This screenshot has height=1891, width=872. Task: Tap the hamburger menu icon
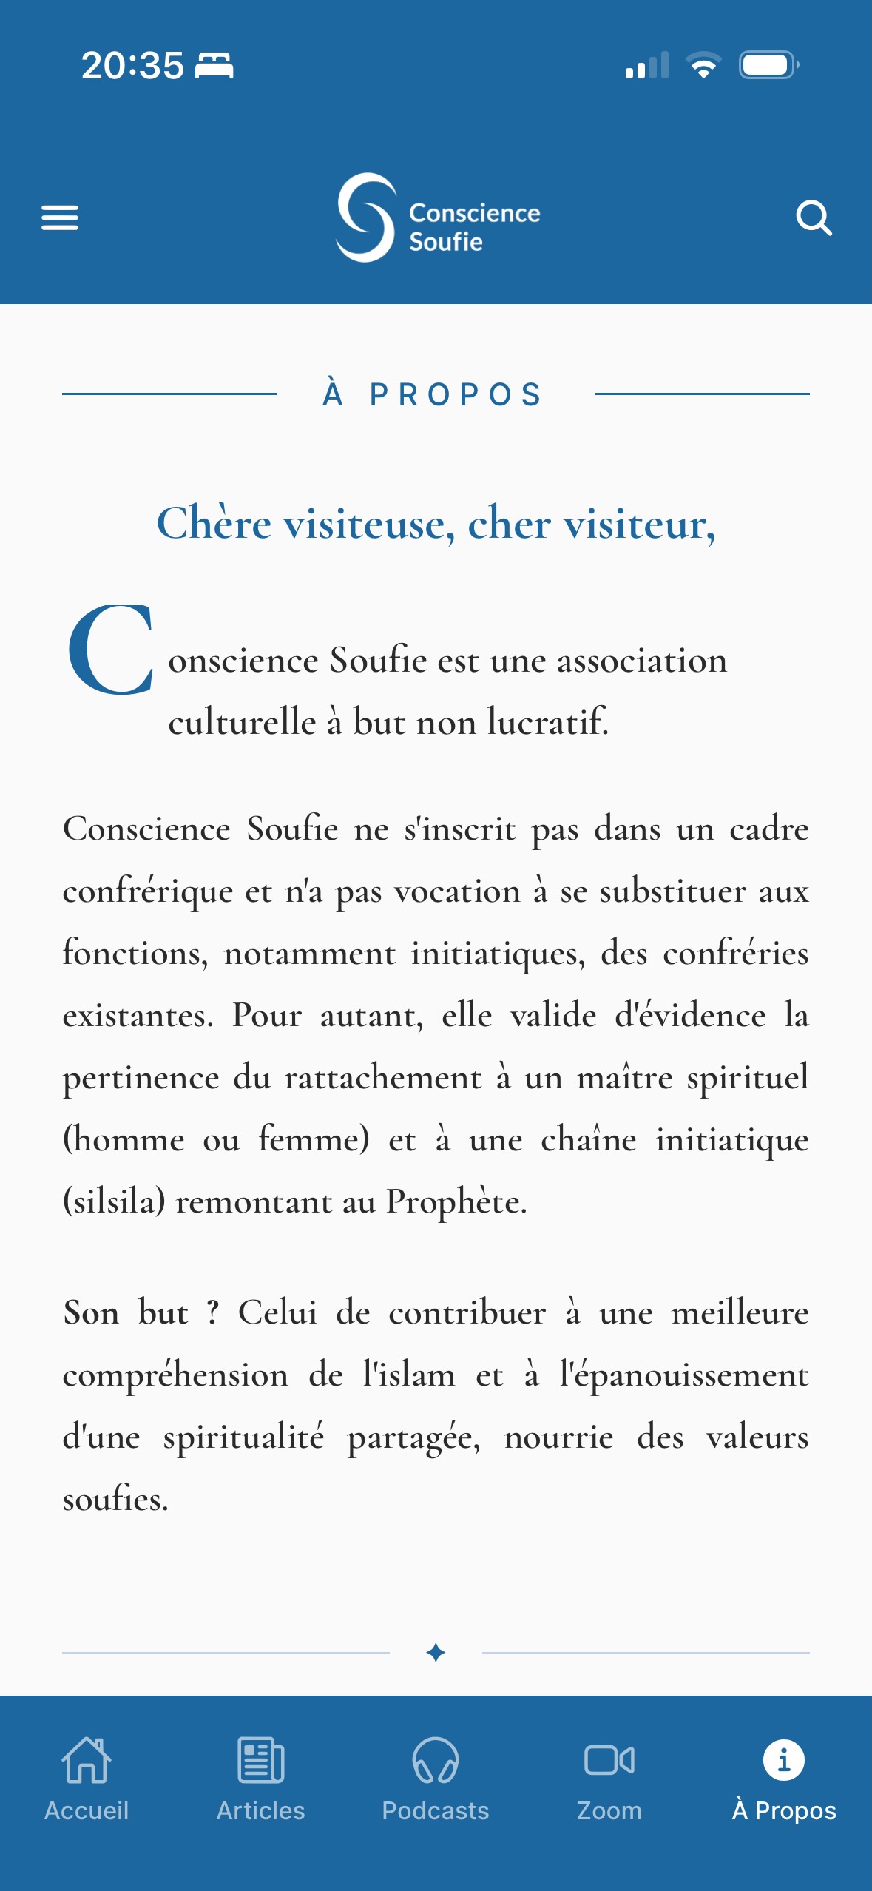60,218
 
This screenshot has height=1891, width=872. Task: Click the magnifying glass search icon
814,218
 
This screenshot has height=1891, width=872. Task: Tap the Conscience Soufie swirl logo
365,218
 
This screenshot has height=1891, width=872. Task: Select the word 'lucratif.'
548,721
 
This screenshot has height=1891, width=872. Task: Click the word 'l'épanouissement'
684,1375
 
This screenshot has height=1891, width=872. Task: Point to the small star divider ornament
436,1652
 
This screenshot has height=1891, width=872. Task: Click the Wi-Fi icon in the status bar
703,65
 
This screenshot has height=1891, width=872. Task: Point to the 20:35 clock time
132,66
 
